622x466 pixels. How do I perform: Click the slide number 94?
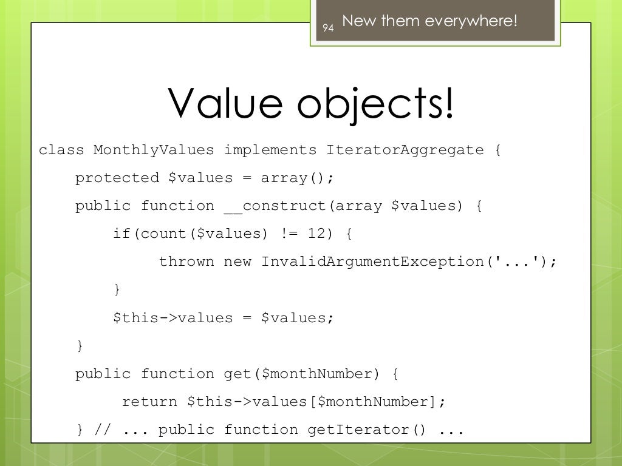click(x=328, y=28)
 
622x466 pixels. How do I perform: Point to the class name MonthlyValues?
click(x=154, y=150)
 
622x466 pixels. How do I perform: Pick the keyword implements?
click(x=270, y=150)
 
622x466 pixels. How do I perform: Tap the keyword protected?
click(x=117, y=178)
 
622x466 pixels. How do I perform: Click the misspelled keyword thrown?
click(x=186, y=262)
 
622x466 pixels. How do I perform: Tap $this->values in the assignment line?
click(x=173, y=318)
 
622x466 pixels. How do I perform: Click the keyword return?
click(x=149, y=402)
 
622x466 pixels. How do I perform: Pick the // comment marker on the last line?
click(x=103, y=430)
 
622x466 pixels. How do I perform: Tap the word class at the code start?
click(x=61, y=150)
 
